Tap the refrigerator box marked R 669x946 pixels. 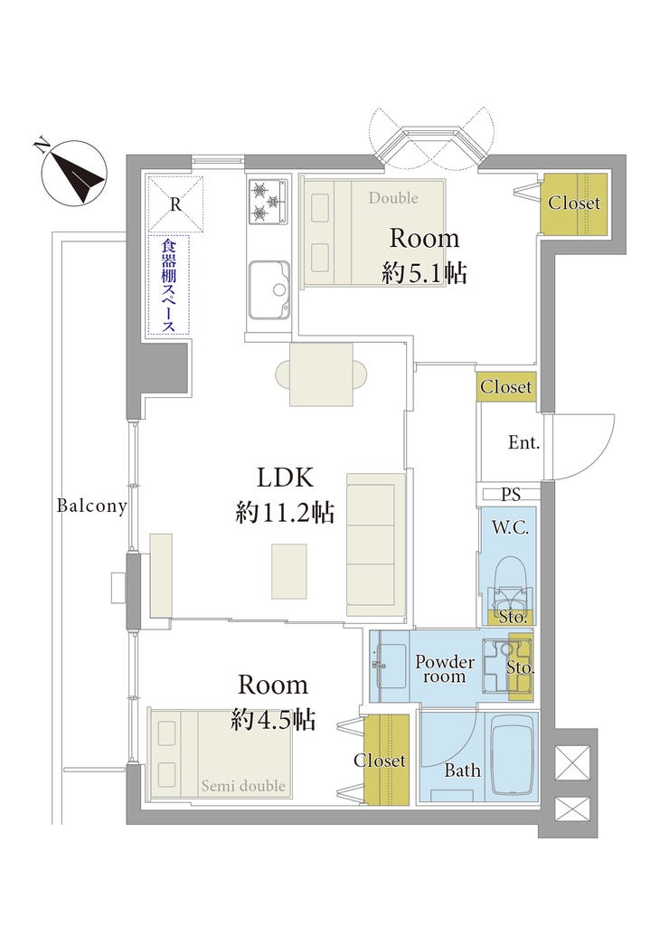(175, 204)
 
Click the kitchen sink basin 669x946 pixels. (269, 289)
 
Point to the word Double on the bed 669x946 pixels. (392, 197)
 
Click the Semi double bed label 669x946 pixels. (243, 786)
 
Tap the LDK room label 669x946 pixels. (285, 478)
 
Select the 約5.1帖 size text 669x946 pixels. (424, 272)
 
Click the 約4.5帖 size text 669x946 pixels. (273, 720)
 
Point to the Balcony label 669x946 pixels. (91, 506)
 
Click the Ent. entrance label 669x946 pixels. (523, 443)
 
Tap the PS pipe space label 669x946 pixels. (511, 495)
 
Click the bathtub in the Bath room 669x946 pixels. (512, 753)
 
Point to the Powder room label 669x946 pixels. (445, 669)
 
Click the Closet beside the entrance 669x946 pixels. (506, 387)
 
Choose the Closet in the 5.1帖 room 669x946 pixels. (574, 203)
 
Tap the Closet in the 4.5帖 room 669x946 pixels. (380, 761)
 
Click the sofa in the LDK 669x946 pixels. (375, 539)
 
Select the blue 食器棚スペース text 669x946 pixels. (168, 285)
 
